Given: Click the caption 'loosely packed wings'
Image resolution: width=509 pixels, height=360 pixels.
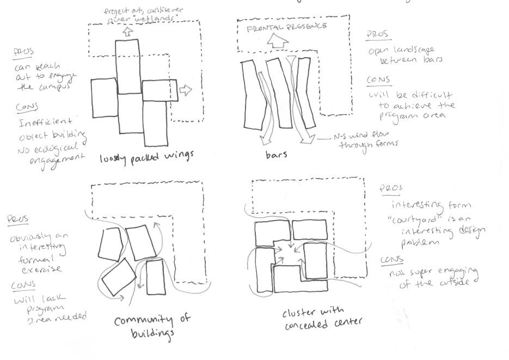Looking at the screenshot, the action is [x=146, y=158].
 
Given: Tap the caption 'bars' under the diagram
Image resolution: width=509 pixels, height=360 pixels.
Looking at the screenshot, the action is [x=277, y=154].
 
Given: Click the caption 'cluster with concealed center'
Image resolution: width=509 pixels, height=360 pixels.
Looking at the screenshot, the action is [x=322, y=319].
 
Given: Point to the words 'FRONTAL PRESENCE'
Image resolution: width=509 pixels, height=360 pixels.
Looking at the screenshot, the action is [x=287, y=27].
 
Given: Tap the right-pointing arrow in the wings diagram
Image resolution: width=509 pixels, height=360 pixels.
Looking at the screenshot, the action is [x=186, y=90].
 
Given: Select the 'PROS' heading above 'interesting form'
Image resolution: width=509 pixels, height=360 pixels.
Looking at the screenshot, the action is [x=391, y=188].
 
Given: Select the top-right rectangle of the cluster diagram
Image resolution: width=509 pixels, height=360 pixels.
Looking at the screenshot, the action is [x=309, y=229].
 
